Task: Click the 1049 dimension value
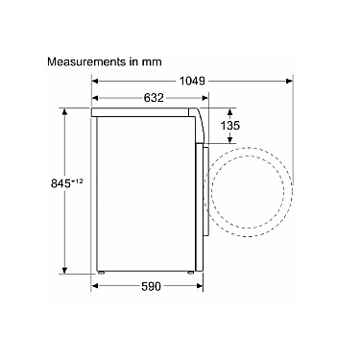click(192, 82)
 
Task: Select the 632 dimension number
click(154, 98)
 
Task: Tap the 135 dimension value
click(229, 126)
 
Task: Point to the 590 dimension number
click(151, 286)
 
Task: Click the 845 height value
click(60, 183)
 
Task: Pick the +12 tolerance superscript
click(77, 181)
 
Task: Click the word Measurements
click(86, 61)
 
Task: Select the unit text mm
click(152, 62)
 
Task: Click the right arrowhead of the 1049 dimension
click(289, 82)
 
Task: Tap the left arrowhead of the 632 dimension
click(96, 98)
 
